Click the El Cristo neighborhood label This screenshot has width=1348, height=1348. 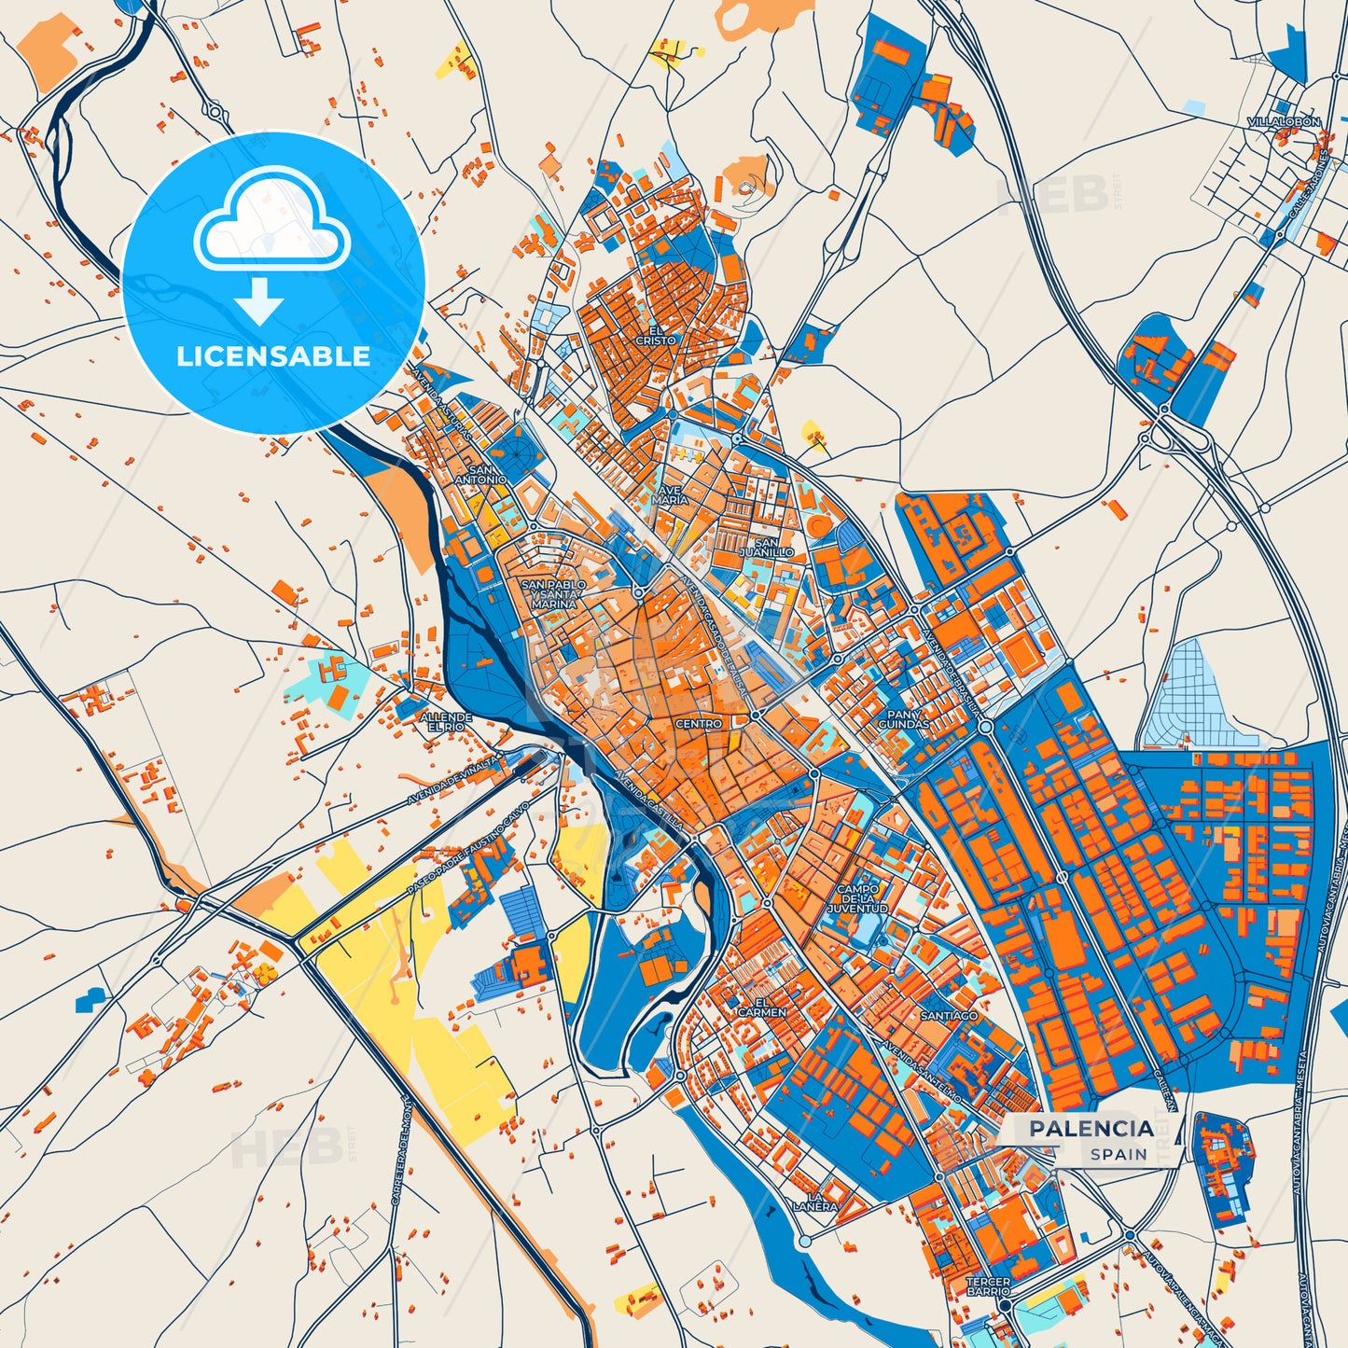click(656, 336)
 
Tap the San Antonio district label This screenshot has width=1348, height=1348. click(480, 475)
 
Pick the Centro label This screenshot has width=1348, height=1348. click(698, 724)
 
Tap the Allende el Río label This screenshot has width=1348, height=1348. click(445, 722)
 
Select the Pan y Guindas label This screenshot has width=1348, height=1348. click(903, 718)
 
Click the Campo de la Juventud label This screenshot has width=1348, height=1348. click(857, 898)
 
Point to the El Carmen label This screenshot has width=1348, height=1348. click(762, 1007)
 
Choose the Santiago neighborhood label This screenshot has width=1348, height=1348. click(949, 1015)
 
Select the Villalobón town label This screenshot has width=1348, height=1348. click(1284, 122)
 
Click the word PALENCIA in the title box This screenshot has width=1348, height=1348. click(1091, 1129)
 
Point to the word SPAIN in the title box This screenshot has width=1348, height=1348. click(1119, 1154)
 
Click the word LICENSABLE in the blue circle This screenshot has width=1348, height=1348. click(273, 356)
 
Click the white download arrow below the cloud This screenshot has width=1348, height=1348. click(259, 301)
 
